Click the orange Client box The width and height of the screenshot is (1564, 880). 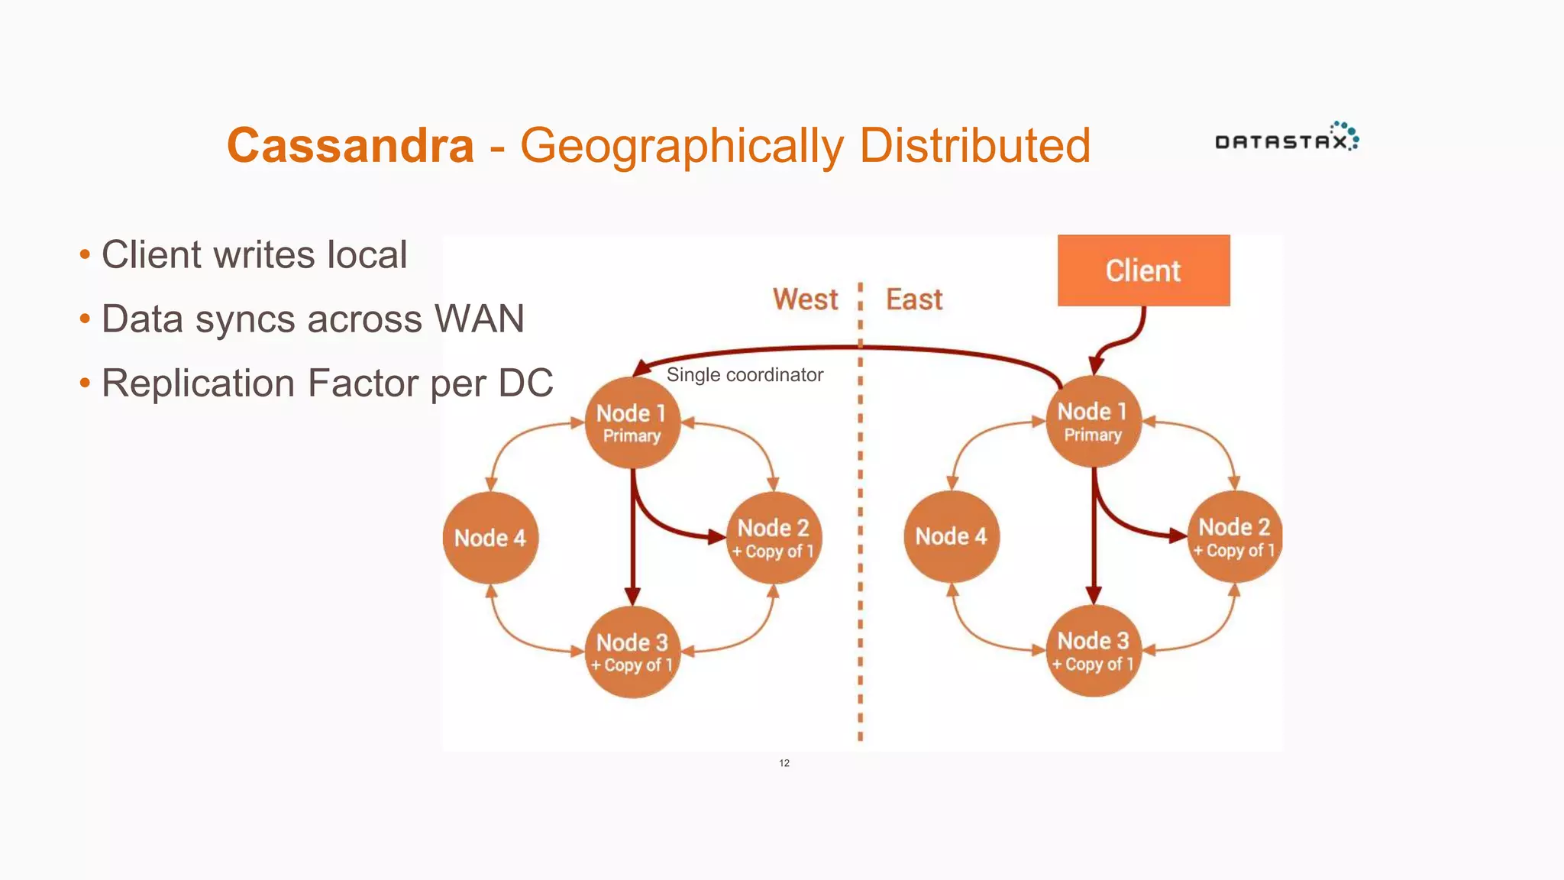1143,270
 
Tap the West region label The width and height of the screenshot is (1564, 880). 805,299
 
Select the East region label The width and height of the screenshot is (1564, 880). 914,299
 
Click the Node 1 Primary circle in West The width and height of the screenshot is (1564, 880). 632,422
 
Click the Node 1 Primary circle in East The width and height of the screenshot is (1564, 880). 1093,421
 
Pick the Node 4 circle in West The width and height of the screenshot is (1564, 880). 490,538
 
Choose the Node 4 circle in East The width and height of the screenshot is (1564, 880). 952,536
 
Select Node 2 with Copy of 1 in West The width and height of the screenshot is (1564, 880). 774,538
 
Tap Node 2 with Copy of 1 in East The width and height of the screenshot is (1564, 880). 1234,536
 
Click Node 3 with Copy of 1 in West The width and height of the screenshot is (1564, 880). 632,652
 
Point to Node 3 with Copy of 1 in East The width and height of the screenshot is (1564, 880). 1093,650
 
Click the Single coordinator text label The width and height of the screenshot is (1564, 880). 745,375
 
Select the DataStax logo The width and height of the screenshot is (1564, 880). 1286,139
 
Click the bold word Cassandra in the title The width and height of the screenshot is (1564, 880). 351,145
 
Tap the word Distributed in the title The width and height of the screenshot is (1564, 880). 974,145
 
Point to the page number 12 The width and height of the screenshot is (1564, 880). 784,763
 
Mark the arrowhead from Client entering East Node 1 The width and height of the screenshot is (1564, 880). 1097,364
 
